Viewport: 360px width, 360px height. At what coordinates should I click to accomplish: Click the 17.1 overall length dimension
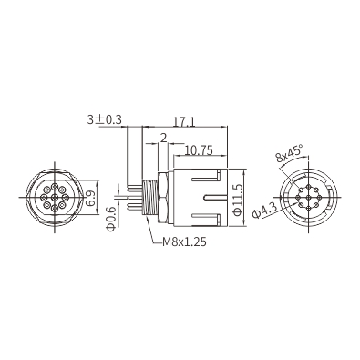pyautogui.click(x=184, y=121)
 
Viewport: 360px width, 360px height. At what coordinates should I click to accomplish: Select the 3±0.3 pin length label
pyautogui.click(x=104, y=119)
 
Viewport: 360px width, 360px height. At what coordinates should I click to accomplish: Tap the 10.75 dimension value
pyautogui.click(x=198, y=150)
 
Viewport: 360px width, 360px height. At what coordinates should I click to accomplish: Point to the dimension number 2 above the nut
pyautogui.click(x=163, y=139)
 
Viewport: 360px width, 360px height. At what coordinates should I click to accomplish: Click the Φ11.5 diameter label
pyautogui.click(x=238, y=200)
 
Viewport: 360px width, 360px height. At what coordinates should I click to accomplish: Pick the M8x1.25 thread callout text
pyautogui.click(x=184, y=242)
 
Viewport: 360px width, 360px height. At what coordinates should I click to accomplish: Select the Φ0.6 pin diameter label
pyautogui.click(x=112, y=219)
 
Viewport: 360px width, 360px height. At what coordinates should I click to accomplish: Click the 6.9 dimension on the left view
pyautogui.click(x=90, y=199)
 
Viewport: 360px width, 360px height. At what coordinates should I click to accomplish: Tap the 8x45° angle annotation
pyautogui.click(x=289, y=152)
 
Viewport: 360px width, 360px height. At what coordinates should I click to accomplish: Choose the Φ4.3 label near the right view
pyautogui.click(x=264, y=211)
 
